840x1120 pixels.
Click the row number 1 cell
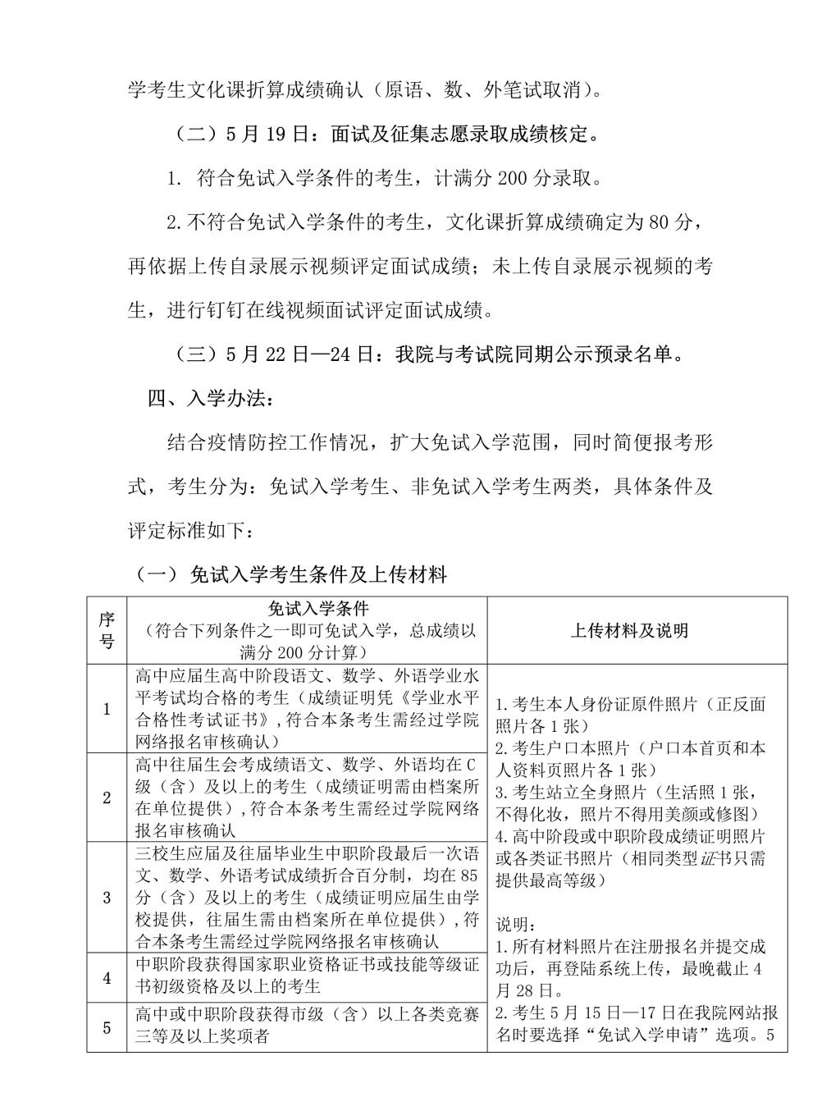point(107,709)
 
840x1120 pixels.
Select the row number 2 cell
point(107,797)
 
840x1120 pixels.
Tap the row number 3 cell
point(107,897)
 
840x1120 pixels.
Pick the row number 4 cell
point(107,977)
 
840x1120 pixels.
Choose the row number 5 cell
point(107,1026)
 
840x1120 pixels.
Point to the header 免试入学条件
point(307,609)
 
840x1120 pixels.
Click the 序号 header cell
point(107,630)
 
